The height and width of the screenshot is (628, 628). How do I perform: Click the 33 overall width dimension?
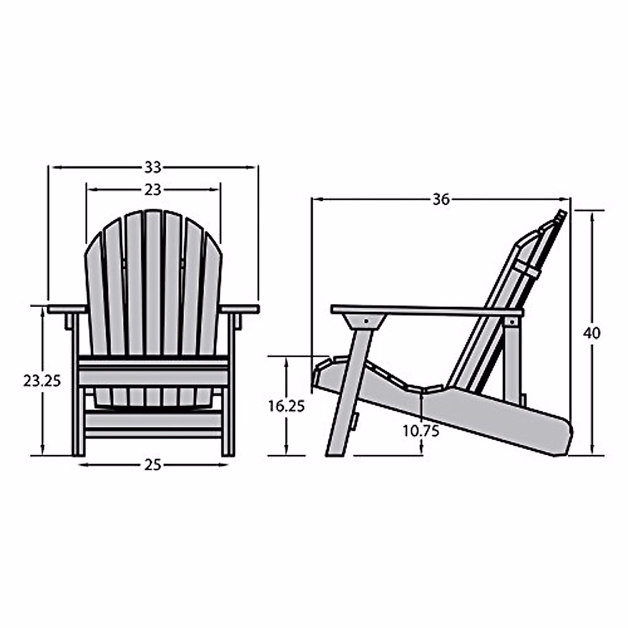coord(153,167)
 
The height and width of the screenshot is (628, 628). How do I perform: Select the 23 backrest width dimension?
coord(153,189)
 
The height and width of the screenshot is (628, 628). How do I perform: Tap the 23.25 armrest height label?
coord(42,381)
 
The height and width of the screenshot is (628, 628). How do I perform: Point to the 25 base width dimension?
coord(153,465)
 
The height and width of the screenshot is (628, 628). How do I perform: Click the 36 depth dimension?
coord(441,199)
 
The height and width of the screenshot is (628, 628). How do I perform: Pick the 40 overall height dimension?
coord(592,333)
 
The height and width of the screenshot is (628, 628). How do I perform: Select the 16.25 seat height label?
coord(286,406)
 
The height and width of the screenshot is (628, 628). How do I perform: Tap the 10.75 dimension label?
coord(421,431)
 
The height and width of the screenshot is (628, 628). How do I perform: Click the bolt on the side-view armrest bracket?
coord(366,320)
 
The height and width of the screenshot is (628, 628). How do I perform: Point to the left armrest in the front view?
coord(67,309)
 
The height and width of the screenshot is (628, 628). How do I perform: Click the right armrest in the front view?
coord(240,309)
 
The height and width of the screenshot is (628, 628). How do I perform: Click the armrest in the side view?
coord(427,310)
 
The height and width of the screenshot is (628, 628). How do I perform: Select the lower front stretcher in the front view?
coord(153,432)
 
